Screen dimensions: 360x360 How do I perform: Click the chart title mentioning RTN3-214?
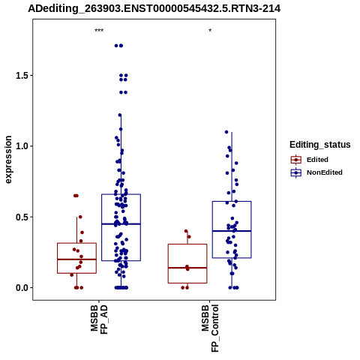coord(154,9)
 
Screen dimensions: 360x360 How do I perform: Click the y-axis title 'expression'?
coord(8,160)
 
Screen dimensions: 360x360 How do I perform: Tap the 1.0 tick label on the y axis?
coord(22,146)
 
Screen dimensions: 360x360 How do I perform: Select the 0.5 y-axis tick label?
coord(22,217)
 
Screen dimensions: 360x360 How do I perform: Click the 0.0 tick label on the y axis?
coord(22,288)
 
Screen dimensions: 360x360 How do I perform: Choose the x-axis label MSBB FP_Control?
coord(210,328)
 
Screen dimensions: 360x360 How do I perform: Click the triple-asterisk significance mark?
coord(99,31)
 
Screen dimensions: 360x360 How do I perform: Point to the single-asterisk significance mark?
coord(210,31)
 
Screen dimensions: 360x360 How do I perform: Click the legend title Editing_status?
coord(320,145)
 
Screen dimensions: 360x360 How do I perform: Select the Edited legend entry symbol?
coord(296,160)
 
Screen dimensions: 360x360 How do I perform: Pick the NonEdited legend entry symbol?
coord(296,172)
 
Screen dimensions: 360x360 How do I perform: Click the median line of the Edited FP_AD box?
coord(76,259)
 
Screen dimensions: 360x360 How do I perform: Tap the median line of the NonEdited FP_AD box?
coord(121,224)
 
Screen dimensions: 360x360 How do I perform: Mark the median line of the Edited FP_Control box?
coord(187,268)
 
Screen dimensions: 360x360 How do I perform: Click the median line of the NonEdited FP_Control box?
coord(232,231)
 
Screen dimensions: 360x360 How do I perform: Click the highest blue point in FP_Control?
coord(226,132)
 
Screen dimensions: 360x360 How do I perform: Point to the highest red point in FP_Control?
coord(186,231)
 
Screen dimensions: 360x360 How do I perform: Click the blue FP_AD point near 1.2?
coord(120,115)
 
